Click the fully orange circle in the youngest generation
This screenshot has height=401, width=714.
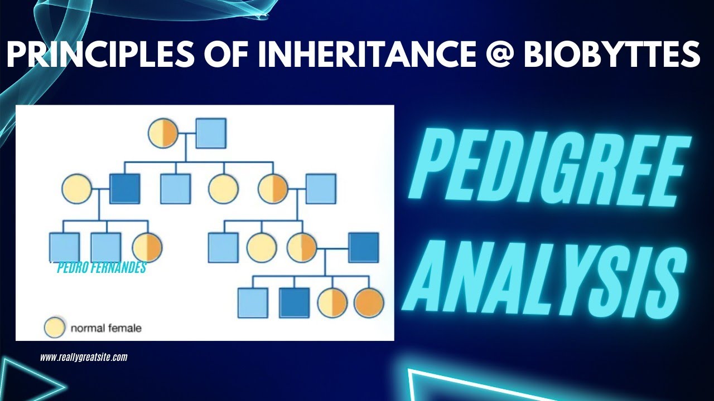(369, 303)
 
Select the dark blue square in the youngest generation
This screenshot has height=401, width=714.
(294, 303)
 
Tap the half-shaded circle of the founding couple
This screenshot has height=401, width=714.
(163, 134)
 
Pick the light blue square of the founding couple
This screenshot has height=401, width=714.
(211, 134)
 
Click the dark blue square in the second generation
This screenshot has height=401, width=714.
(125, 189)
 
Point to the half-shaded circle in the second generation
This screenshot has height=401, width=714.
(273, 189)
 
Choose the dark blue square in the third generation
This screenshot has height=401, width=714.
(364, 247)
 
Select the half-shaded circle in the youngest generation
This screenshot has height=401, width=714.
(332, 303)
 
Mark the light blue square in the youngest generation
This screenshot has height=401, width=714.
(253, 303)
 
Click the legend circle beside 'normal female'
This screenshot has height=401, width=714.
(55, 327)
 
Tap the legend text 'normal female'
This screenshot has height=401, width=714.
(105, 328)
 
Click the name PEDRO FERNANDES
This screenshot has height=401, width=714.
(102, 268)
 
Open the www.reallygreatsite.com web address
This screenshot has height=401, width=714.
(84, 358)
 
